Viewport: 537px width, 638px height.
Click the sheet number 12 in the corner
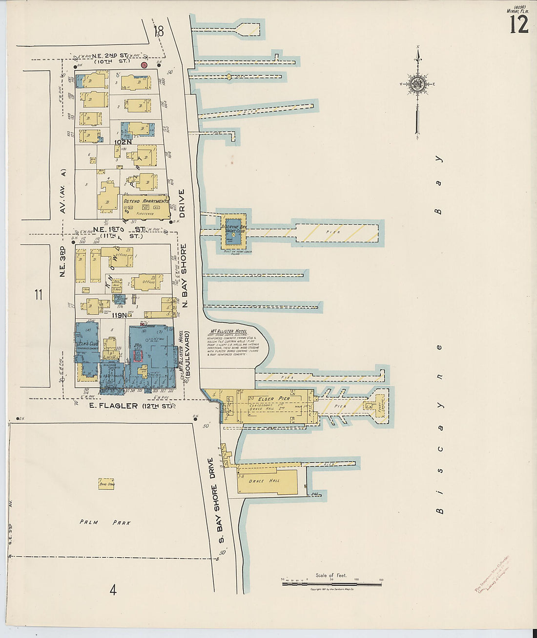pyautogui.click(x=519, y=24)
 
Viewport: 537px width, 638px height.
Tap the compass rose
pyautogui.click(x=418, y=85)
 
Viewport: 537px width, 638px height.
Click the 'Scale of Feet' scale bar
pyautogui.click(x=332, y=583)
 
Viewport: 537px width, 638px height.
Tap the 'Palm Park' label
pyautogui.click(x=105, y=523)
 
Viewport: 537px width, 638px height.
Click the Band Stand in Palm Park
pyautogui.click(x=106, y=484)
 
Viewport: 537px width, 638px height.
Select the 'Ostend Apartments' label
pyautogui.click(x=145, y=201)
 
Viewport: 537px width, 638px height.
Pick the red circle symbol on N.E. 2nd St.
pyautogui.click(x=145, y=65)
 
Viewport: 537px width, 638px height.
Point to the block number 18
pyautogui.click(x=158, y=31)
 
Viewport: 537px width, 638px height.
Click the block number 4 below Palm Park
pyautogui.click(x=113, y=591)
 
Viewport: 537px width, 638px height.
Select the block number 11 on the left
pyautogui.click(x=39, y=294)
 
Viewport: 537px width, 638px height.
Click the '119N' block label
pyautogui.click(x=119, y=316)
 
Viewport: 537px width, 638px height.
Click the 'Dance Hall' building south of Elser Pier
pyautogui.click(x=257, y=481)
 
